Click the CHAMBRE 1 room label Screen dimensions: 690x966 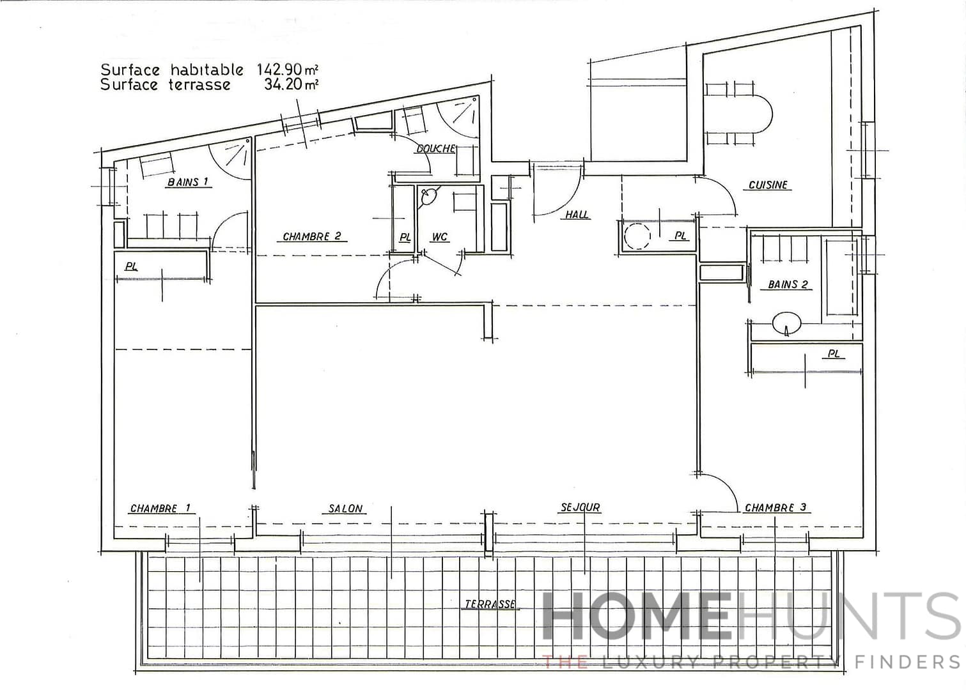coord(160,509)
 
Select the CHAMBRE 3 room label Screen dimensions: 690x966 coord(775,508)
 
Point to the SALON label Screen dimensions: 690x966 coord(345,509)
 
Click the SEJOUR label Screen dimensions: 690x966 coord(580,508)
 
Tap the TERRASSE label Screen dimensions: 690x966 coord(490,604)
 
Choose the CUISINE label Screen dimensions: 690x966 coord(768,185)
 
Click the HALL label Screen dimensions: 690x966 coord(577,215)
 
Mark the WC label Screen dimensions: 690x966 coord(439,238)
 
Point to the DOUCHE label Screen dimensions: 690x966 coord(435,149)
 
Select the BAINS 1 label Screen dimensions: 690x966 coord(188,182)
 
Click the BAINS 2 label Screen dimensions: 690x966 coord(788,285)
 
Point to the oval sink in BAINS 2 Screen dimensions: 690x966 coord(786,322)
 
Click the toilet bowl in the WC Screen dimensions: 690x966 coord(428,196)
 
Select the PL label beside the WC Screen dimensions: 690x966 coord(405,238)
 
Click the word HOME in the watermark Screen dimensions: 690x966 coord(636,617)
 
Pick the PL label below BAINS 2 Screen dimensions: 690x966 coord(833,353)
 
